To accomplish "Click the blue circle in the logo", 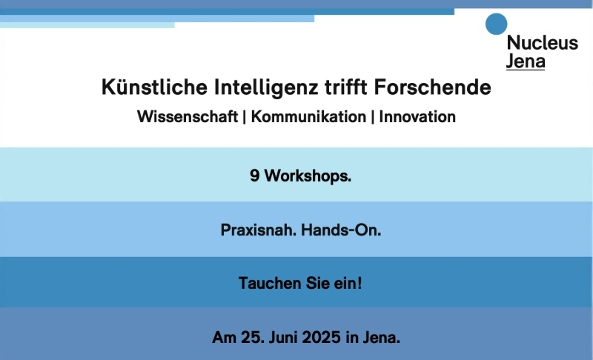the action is coord(496,24).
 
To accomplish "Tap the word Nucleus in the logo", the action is coord(543,43).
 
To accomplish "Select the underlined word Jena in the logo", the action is coord(526,61).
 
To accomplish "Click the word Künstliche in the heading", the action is coord(154,87).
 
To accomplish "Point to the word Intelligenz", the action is coord(266,87).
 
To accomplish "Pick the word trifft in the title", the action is coord(346,87).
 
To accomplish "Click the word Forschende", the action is coord(432,87).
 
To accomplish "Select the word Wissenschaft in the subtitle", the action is coord(188,116).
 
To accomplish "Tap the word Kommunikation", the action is coord(308,116).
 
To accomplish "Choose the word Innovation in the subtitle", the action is coord(417,116).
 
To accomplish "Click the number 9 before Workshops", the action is coord(254,176).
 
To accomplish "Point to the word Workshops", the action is coord(308,176).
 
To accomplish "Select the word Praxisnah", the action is coord(259,230).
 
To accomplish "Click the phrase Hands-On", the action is coord(341,230).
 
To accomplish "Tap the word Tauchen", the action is coord(270,283).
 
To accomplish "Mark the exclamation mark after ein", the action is coord(360,283).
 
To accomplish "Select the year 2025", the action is coord(322,337).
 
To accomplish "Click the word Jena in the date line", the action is coord(381,337).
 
